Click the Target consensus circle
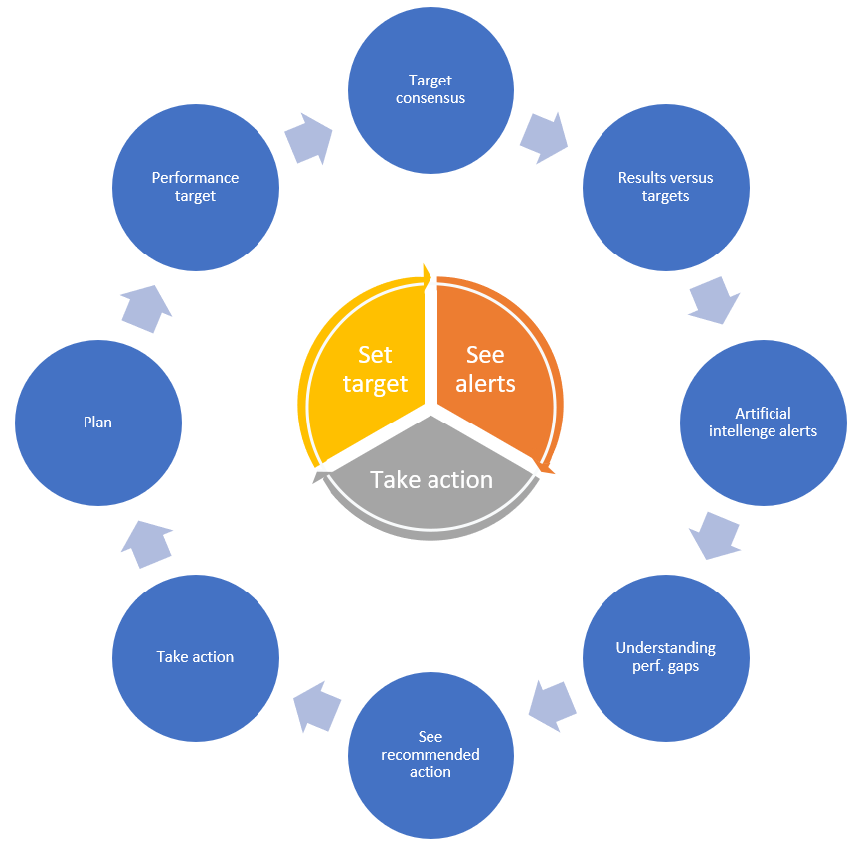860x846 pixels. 430,90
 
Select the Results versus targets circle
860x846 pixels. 666,188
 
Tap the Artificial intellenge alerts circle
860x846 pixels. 763,423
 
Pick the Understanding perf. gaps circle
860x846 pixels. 666,658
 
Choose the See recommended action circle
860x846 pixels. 430,755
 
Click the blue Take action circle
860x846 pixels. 196,658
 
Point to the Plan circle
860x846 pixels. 98,423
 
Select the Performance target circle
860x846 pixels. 196,188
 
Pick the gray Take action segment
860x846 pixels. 430,482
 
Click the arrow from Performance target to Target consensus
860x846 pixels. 309,139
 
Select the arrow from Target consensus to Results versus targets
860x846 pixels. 544,138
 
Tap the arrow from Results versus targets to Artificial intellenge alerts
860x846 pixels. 714,300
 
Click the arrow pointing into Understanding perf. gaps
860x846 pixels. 714,536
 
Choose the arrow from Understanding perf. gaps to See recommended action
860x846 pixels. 553,706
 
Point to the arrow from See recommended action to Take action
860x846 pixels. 317,706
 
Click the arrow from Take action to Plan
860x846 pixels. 147,545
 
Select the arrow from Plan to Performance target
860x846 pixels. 146,309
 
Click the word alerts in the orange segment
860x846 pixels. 485,384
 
